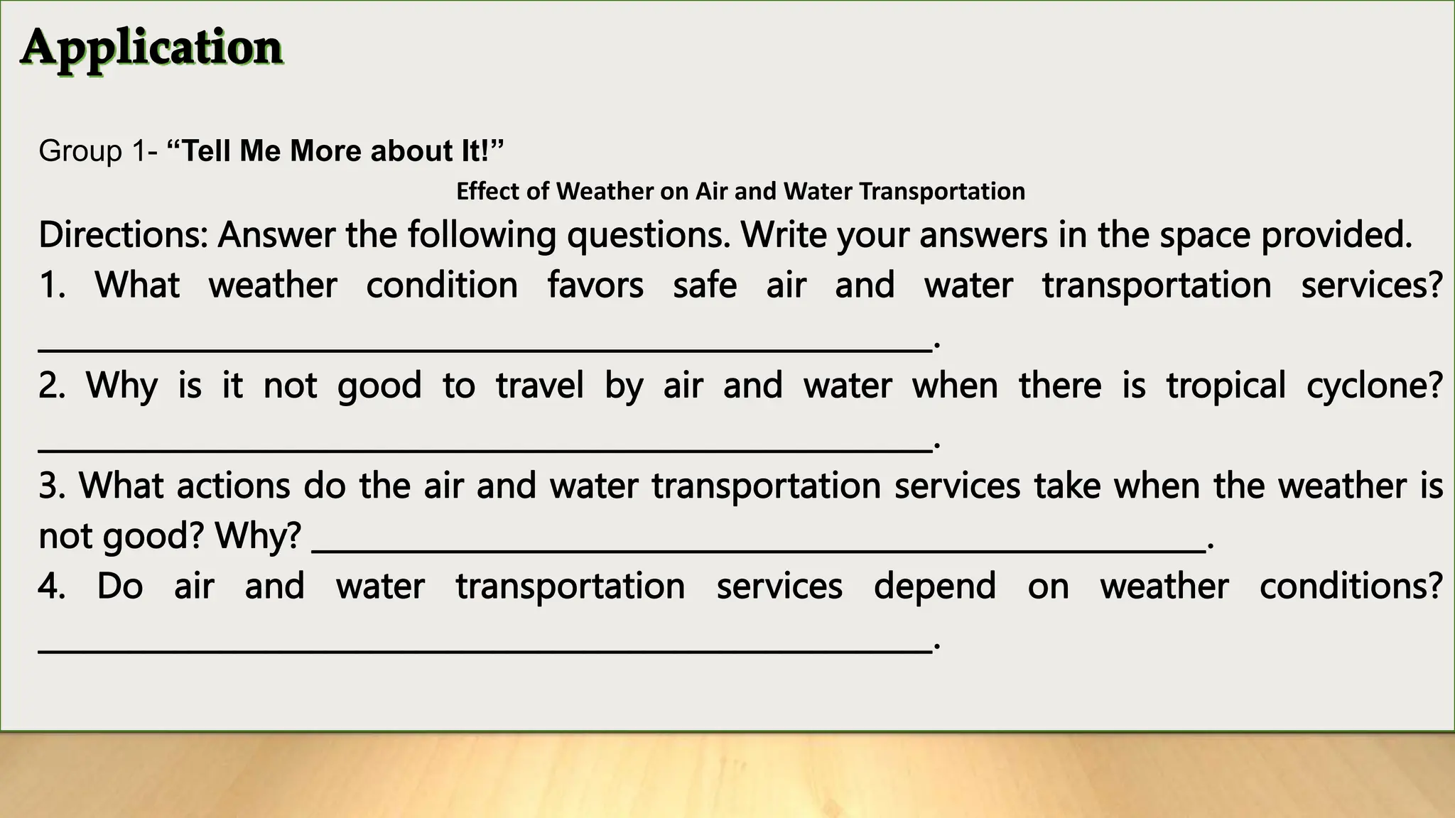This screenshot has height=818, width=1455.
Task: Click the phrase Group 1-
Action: (99, 151)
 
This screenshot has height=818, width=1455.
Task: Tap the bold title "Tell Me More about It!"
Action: (335, 151)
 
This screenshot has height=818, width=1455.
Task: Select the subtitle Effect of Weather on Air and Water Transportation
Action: (740, 191)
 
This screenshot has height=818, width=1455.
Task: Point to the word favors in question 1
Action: (595, 285)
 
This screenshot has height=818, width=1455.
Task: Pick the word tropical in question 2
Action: (1226, 386)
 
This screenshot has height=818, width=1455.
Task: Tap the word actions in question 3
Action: (233, 486)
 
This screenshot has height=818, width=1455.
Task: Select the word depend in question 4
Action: (934, 587)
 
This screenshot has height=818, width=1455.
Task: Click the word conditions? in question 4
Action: (1351, 587)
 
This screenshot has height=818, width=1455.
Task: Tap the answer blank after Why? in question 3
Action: (759, 550)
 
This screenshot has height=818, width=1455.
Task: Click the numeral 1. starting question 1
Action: (52, 285)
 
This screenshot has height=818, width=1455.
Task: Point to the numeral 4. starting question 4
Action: (52, 587)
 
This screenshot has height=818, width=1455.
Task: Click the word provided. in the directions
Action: (1336, 235)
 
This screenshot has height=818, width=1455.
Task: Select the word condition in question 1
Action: (442, 285)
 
